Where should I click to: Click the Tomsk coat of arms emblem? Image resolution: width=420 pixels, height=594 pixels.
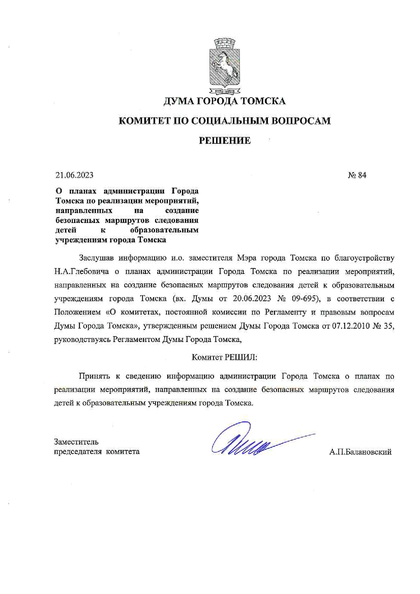coord(225,66)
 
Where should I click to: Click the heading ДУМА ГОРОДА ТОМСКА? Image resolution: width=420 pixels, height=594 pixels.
coord(225,101)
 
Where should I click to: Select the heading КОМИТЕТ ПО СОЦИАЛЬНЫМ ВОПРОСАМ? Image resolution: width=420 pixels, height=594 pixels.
coord(225,121)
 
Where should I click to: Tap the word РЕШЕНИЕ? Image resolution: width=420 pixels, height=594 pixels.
coord(225,141)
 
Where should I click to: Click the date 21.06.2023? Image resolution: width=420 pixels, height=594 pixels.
coord(75,175)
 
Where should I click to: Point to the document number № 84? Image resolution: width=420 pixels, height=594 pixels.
coord(357,175)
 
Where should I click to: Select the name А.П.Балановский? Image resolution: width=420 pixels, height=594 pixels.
coord(360,452)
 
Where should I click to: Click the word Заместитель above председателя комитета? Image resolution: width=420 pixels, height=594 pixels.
coord(76,442)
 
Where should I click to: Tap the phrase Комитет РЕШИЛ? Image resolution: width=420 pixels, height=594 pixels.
coord(225,357)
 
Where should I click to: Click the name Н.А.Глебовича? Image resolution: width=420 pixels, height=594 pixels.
coord(82,272)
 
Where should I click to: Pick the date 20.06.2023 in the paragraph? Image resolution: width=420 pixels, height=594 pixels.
coord(252,299)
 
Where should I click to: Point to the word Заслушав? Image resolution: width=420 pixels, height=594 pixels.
coord(96,258)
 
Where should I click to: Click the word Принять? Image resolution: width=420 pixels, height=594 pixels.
coord(94,376)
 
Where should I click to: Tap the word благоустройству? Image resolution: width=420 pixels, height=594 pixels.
coord(364,258)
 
